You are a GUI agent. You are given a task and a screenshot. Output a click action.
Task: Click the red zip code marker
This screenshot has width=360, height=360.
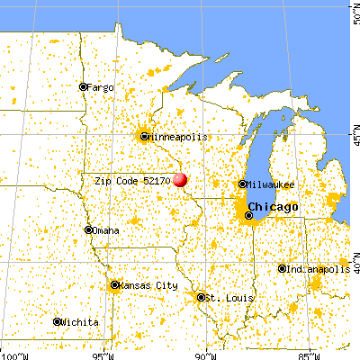click(180, 180)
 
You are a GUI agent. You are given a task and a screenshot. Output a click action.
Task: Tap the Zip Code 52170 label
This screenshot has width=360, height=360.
click(133, 180)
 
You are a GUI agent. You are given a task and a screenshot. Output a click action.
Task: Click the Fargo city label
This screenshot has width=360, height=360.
click(101, 87)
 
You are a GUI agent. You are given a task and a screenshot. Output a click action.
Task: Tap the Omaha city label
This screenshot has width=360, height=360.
click(106, 230)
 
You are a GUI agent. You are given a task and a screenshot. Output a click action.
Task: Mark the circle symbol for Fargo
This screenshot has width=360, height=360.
click(83, 87)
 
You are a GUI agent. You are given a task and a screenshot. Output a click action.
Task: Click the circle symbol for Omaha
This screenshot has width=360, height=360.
click(88, 230)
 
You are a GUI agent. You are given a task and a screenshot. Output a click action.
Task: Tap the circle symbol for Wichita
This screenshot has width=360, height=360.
click(57, 321)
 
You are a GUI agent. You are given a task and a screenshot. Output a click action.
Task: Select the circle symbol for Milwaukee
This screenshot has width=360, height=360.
click(242, 184)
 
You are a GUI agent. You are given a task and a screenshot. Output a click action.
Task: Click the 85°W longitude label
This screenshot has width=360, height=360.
click(310, 353)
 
